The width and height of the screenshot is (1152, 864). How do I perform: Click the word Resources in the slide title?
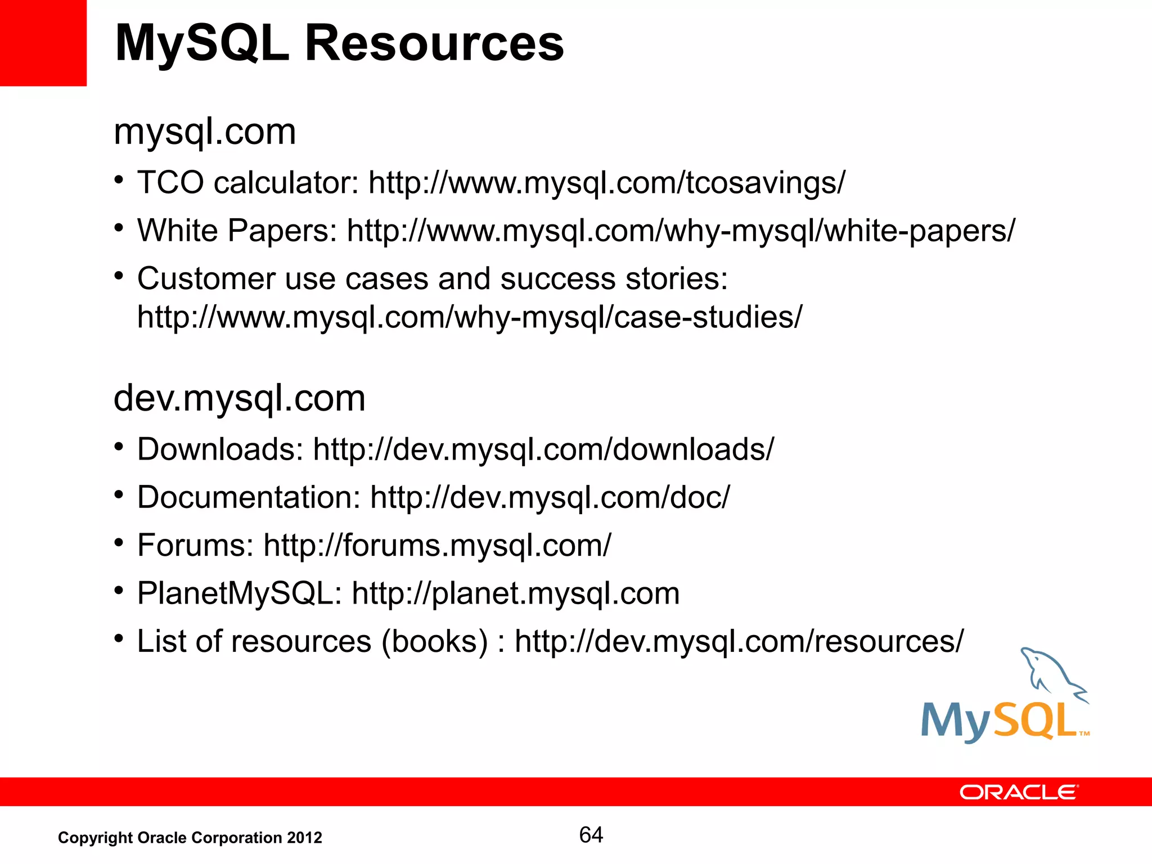point(434,44)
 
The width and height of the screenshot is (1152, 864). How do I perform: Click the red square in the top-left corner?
point(43,43)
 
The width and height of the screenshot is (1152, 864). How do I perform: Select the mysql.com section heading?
point(205,132)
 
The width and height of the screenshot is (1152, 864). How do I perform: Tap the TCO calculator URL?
point(606,183)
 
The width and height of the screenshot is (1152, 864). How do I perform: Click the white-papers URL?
point(681,231)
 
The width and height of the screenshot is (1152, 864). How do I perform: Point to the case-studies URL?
point(470,317)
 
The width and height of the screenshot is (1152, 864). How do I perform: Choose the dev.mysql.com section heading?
point(240,398)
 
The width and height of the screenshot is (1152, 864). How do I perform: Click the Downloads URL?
point(543,449)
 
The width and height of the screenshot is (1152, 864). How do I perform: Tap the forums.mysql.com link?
point(437,545)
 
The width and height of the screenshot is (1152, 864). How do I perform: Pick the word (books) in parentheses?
point(435,641)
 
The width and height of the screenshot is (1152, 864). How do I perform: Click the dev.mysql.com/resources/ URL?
point(739,641)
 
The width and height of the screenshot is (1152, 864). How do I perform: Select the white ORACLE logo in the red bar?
point(1019,792)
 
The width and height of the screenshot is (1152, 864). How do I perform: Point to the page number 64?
point(591,835)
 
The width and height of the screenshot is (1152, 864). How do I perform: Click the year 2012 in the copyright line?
point(304,838)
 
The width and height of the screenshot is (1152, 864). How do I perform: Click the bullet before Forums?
point(118,543)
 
